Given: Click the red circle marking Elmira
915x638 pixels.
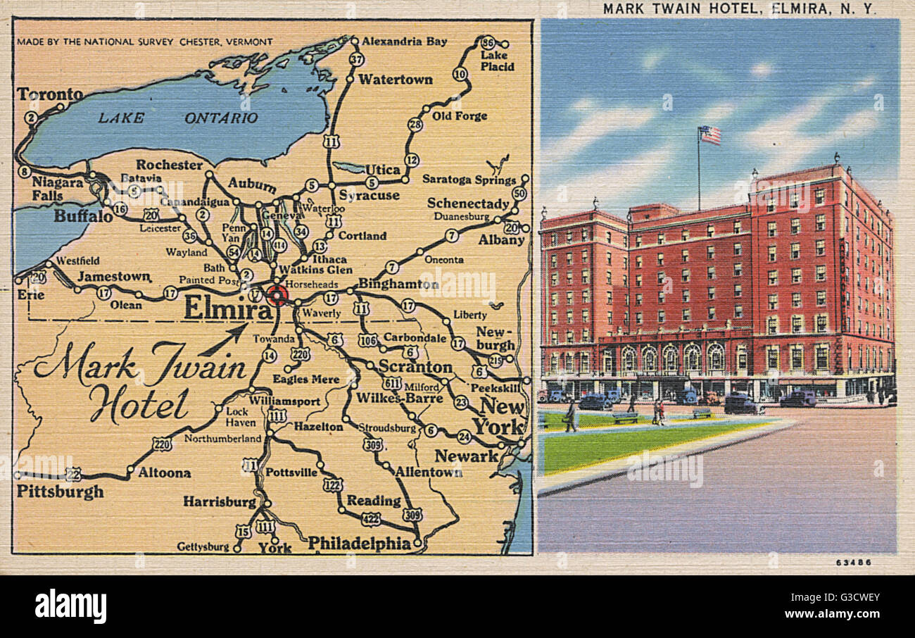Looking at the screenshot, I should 277,295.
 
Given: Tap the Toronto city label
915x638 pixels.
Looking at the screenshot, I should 49,94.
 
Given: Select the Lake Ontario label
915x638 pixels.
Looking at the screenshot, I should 177,118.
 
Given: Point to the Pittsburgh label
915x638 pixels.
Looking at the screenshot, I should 60,492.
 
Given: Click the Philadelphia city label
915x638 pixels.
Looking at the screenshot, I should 359,543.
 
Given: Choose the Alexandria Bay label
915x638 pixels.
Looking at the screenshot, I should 404,42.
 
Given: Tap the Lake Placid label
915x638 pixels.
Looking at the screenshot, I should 497,61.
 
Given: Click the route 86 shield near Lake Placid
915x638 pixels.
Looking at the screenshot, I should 488,42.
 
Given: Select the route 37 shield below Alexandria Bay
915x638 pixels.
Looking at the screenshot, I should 356,59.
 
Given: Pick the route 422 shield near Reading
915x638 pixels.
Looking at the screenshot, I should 371,519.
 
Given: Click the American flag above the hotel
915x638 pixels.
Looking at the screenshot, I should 709,135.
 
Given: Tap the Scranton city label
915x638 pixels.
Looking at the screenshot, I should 415,367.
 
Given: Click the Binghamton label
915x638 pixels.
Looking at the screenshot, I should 398,284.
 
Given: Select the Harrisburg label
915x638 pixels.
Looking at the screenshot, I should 220,502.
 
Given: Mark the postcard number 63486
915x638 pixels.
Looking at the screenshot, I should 853,562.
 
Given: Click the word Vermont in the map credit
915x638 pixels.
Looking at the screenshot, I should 248,42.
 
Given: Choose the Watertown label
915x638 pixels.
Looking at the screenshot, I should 395,80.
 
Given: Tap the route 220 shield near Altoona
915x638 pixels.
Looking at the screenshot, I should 162,444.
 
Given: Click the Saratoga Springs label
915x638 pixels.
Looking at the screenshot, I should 469,180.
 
